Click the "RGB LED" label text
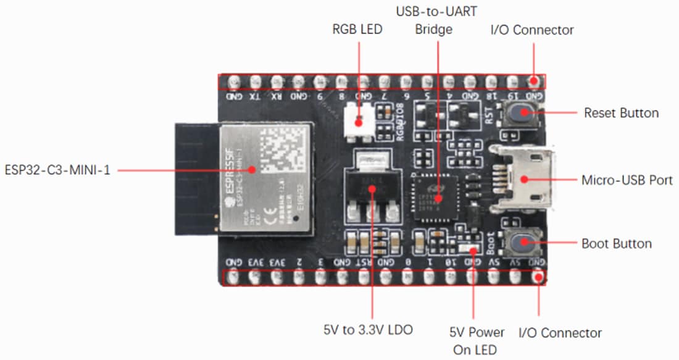pyautogui.click(x=357, y=30)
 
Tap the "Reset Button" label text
pyautogui.click(x=621, y=113)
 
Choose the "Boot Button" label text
pyautogui.click(x=616, y=243)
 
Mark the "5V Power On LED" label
pyautogui.click(x=477, y=341)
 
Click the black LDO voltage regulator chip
pyautogui.click(x=371, y=185)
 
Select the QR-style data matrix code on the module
pyautogui.click(x=284, y=148)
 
